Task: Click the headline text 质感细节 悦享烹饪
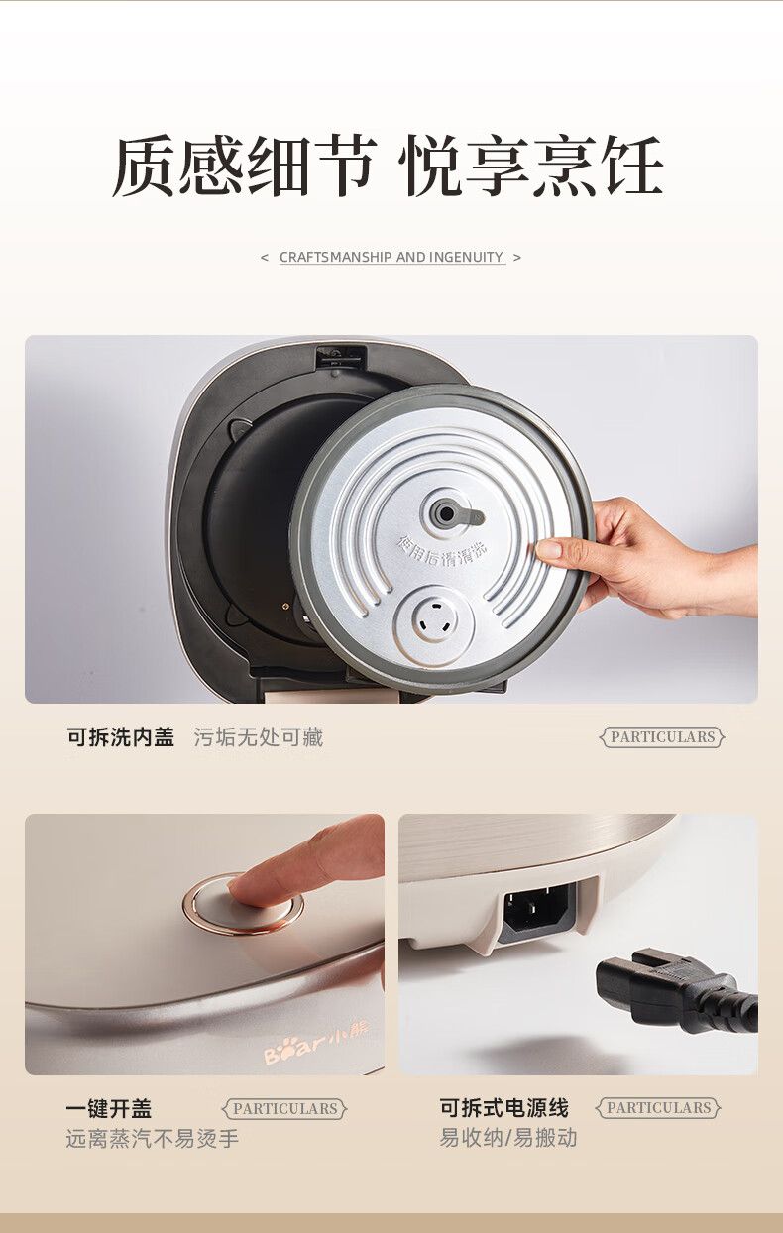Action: coord(388,167)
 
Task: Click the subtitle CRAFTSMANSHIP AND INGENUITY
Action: coord(391,257)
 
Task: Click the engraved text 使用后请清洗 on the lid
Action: coord(443,546)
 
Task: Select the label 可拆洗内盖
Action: coord(121,736)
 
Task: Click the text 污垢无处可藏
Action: coord(258,736)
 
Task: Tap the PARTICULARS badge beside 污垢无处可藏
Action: coord(662,736)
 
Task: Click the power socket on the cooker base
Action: coord(540,907)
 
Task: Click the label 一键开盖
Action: coord(108,1108)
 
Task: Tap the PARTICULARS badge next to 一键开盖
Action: coord(284,1108)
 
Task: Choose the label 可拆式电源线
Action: coord(503,1107)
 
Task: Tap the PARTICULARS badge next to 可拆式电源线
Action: coord(658,1107)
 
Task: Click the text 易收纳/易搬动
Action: coord(507,1137)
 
